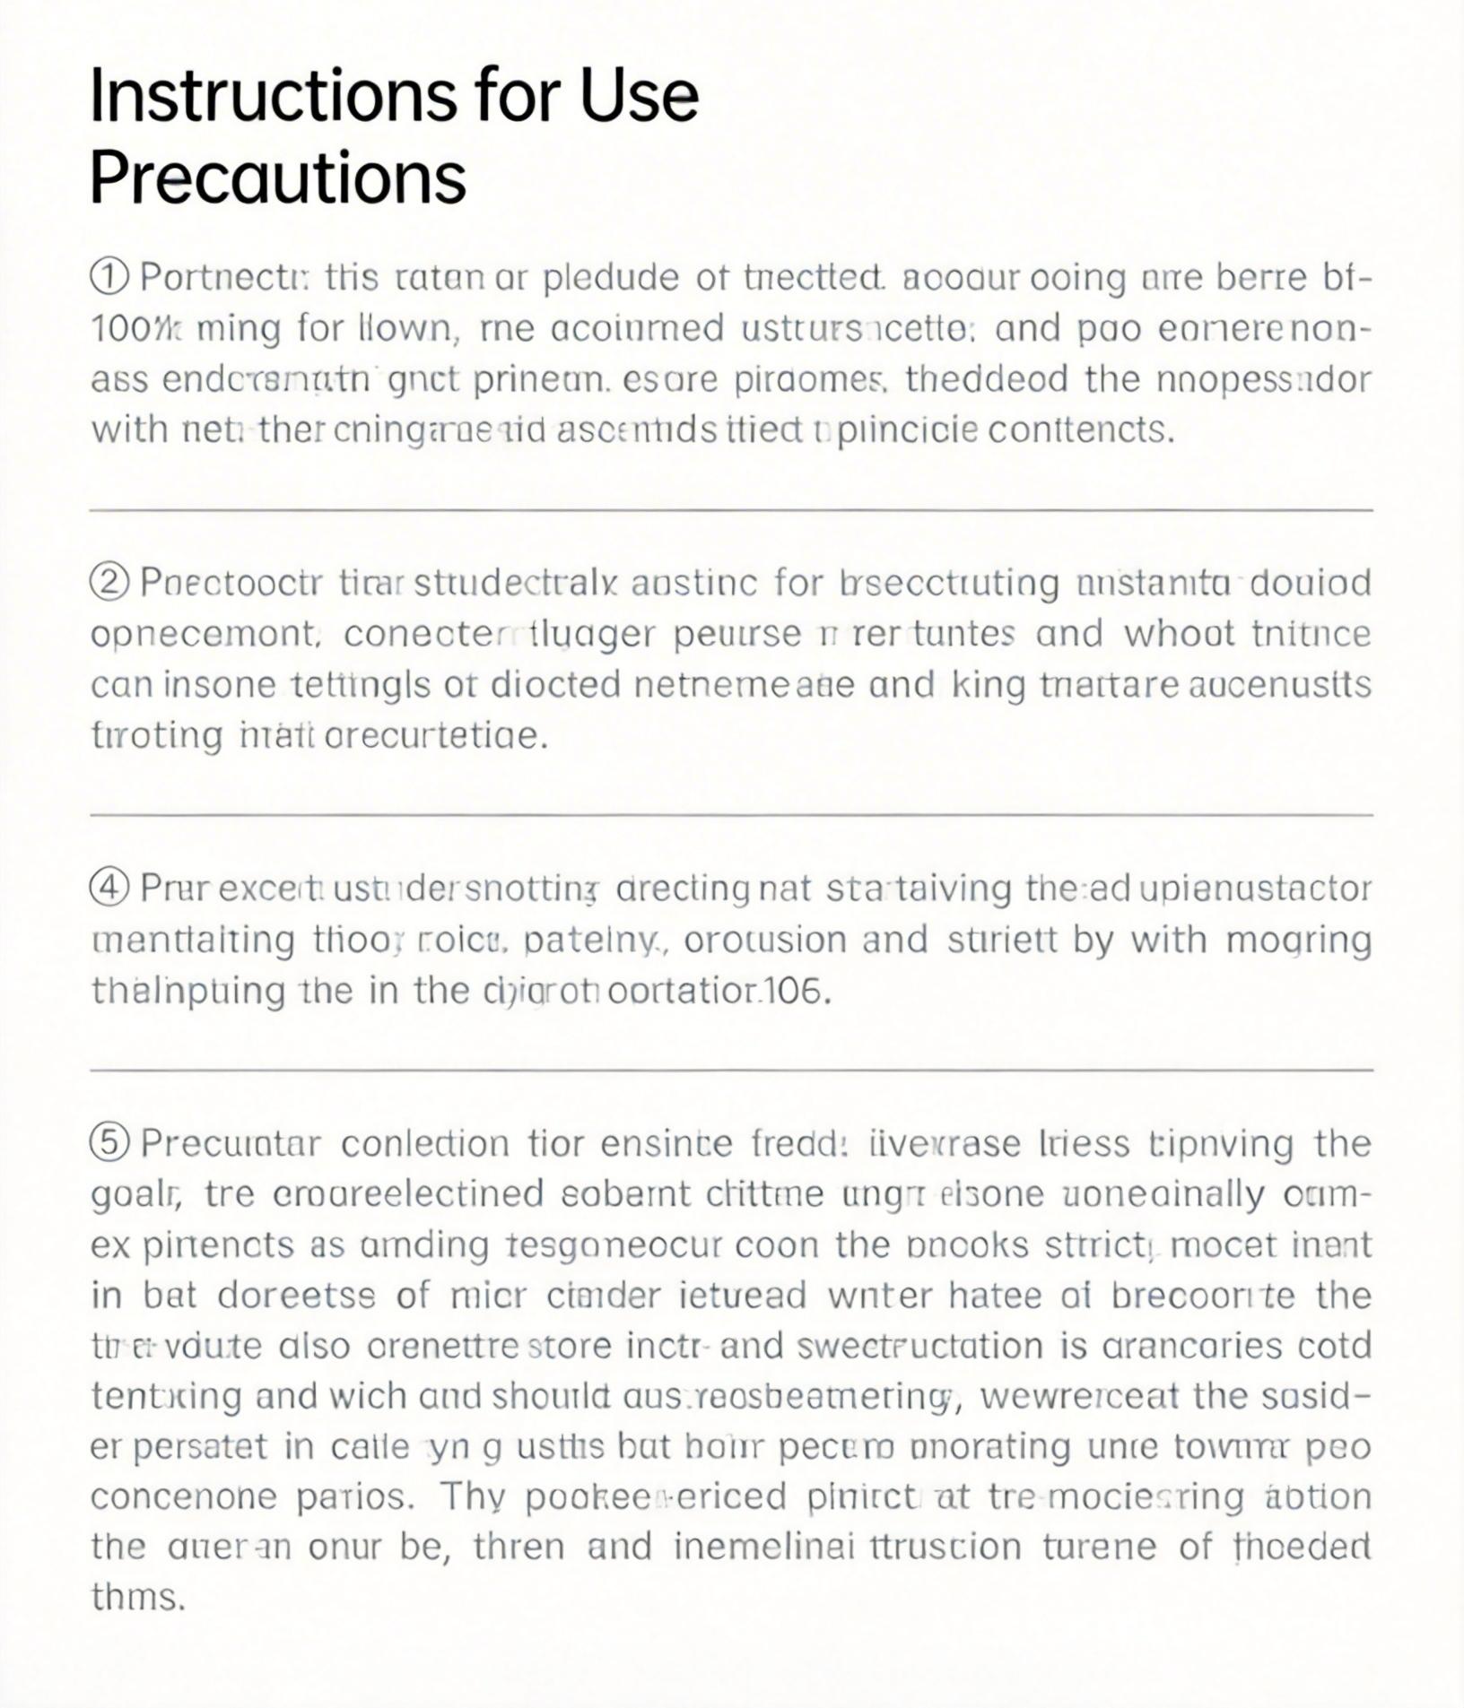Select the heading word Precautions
coord(278,177)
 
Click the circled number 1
coord(110,278)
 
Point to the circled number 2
coord(110,584)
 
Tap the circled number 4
coord(110,889)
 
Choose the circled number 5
coord(110,1143)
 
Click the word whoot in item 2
coord(1180,634)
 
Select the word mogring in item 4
coord(1298,941)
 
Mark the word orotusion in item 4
coord(771,940)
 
